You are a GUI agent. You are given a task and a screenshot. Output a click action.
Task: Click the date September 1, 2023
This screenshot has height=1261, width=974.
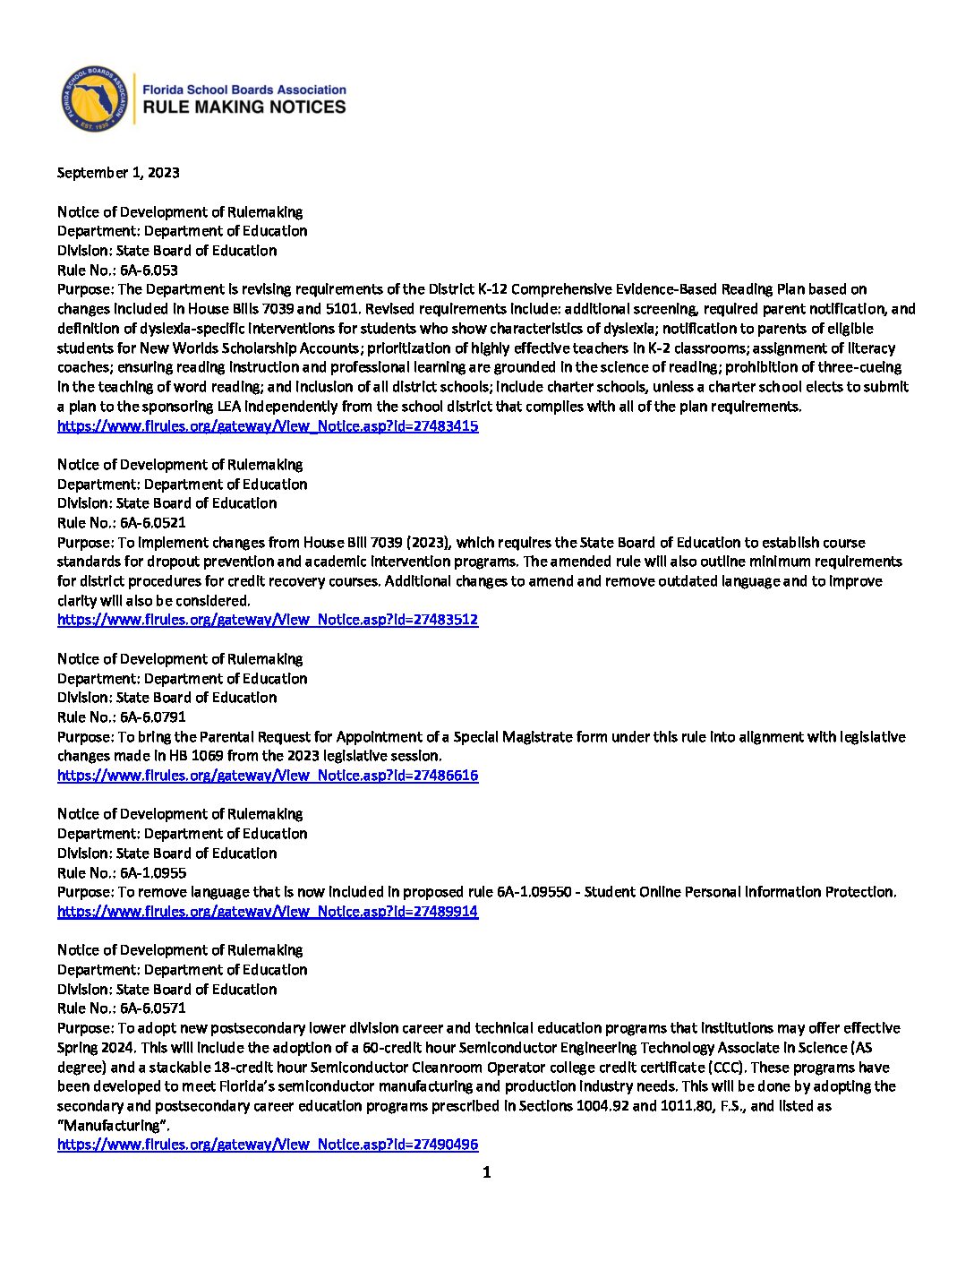point(118,173)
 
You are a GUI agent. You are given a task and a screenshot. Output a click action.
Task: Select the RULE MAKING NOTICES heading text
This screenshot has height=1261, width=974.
point(244,107)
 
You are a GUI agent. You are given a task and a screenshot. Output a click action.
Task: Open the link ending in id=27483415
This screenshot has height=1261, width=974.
point(268,426)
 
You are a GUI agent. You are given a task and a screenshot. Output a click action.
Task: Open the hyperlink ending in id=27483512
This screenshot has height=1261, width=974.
point(268,620)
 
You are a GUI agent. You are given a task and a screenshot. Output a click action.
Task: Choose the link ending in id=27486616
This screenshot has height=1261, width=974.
point(268,776)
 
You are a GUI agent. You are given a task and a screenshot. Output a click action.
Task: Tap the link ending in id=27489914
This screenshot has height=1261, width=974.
point(268,912)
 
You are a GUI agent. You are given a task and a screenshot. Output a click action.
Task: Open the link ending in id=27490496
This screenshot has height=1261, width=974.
point(268,1145)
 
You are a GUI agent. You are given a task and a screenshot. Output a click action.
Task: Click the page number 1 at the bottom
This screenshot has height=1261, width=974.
point(487,1172)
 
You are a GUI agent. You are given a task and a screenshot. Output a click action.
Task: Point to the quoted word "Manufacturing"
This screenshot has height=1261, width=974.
point(113,1126)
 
